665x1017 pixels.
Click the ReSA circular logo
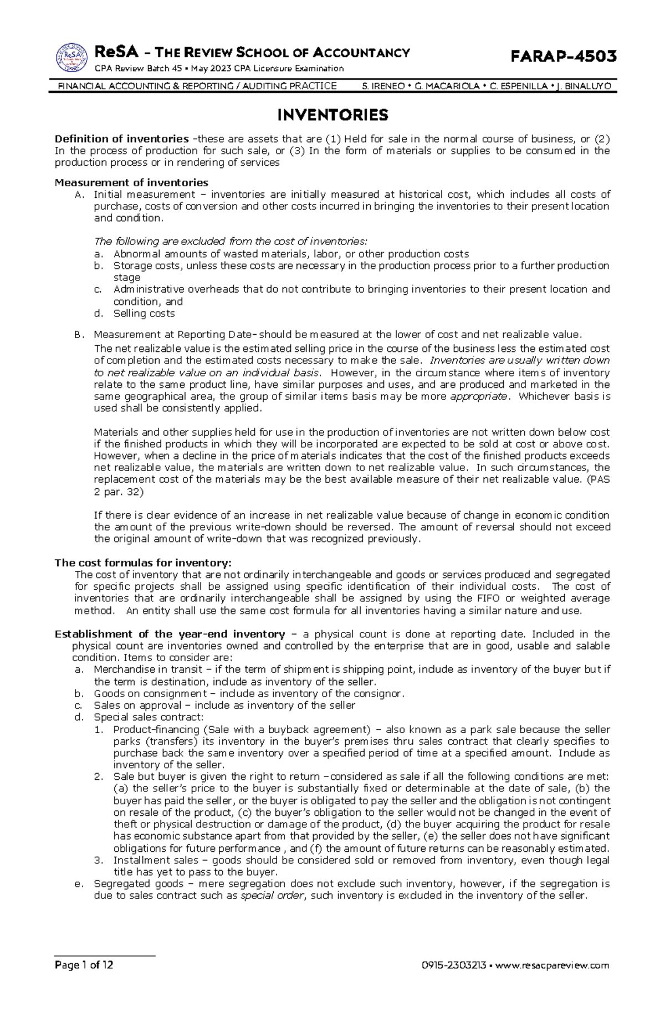[x=71, y=58]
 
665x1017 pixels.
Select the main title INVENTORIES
[x=332, y=115]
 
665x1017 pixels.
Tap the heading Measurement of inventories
[x=131, y=182]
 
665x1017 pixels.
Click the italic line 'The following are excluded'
[x=231, y=242]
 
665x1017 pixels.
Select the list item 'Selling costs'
[x=144, y=313]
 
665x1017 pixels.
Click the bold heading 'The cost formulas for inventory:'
[x=143, y=563]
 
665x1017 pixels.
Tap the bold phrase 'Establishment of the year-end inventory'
[x=170, y=634]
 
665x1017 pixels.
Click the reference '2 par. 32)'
[x=119, y=491]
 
